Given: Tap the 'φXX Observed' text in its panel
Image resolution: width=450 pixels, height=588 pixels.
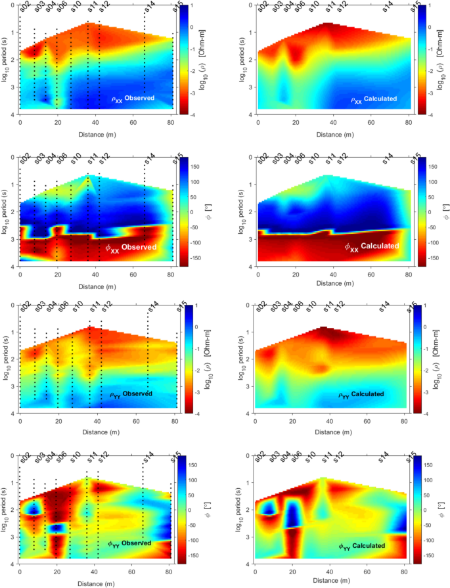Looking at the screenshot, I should click(131, 247).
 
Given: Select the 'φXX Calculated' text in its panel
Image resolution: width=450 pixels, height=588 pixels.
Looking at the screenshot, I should click(372, 246).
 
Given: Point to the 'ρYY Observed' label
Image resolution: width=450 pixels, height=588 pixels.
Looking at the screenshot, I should click(131, 394).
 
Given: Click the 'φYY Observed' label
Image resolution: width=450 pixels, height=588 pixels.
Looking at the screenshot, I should click(129, 543).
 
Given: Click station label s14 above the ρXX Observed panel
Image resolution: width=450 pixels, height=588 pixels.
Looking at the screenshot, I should click(150, 8).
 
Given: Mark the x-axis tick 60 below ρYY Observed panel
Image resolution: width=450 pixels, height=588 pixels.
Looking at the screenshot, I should click(135, 421).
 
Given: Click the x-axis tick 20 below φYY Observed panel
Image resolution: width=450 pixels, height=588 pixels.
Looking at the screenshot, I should click(58, 572).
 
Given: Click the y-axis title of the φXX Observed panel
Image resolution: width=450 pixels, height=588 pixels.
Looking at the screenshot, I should click(6, 212).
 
